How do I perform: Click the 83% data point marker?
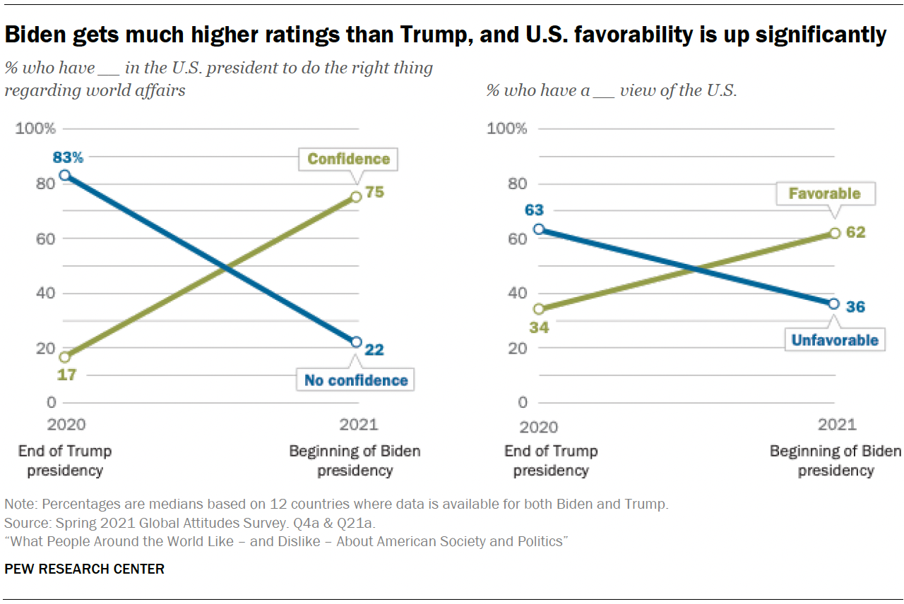click(64, 175)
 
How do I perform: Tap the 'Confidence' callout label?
click(348, 159)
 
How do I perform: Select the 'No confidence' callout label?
click(356, 380)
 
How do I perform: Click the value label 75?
click(374, 191)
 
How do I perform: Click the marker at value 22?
click(356, 342)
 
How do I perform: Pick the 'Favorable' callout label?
click(824, 193)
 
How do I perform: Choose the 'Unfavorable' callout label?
click(834, 340)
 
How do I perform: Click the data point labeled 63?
click(539, 229)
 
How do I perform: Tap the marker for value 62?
click(834, 232)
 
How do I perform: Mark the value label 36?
click(855, 307)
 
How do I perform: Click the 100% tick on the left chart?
click(35, 128)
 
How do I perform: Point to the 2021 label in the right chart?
click(836, 425)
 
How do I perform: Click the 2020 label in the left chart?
click(66, 425)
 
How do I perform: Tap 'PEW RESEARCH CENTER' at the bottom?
click(84, 569)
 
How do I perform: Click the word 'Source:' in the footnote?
click(24, 523)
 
